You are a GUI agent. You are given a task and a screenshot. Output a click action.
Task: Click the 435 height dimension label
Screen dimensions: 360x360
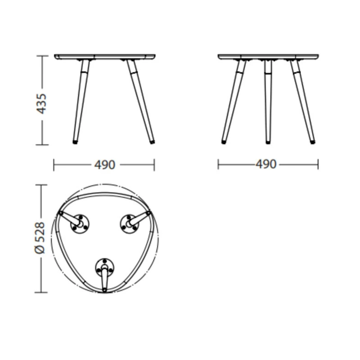coord(42,104)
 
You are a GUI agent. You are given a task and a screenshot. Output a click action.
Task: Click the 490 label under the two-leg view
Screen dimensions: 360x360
coord(105,165)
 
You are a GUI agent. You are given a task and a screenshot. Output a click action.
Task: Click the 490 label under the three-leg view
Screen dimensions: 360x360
coord(266,164)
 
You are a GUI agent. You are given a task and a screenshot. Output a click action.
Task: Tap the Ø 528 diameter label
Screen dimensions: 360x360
coord(40,238)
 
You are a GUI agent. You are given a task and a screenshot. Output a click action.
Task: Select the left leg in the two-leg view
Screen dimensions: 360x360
coord(81,102)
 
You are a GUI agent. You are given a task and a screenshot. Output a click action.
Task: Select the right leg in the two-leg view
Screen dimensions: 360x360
coord(141,102)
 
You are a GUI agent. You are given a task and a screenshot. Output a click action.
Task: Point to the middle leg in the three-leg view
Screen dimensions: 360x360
coord(268,102)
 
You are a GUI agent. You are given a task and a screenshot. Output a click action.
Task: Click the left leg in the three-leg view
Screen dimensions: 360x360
coord(234,102)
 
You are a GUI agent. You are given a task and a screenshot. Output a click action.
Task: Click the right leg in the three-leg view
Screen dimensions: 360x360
coord(303,102)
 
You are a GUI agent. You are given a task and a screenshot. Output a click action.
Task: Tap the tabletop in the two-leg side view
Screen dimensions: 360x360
coord(105,57)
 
